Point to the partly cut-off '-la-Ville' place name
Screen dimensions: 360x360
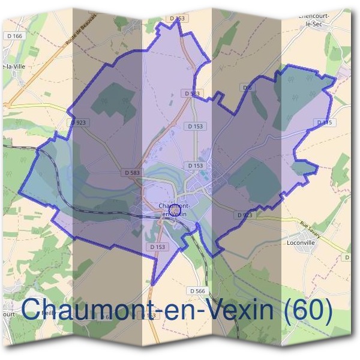click(13, 67)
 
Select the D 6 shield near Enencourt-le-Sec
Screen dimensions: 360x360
click(247, 88)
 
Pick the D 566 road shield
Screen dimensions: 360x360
click(197, 291)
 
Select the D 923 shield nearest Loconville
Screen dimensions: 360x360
click(244, 214)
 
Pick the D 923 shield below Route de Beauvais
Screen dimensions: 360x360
click(78, 122)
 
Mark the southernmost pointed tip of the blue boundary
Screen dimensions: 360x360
click(153, 284)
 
